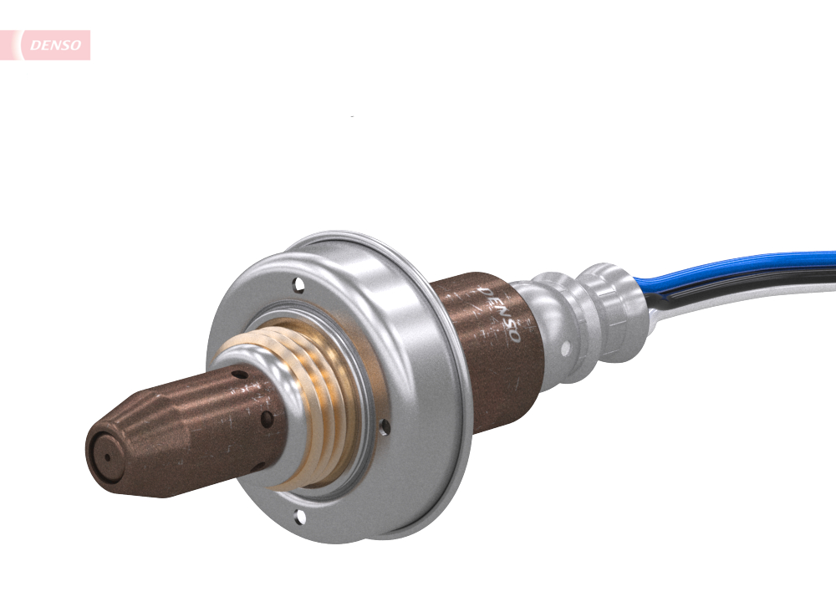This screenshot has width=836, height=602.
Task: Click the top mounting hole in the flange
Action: [298, 287]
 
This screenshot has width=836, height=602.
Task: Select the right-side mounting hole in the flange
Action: [384, 426]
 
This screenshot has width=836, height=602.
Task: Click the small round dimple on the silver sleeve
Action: [566, 344]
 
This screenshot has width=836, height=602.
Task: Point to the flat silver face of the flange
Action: [251, 318]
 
